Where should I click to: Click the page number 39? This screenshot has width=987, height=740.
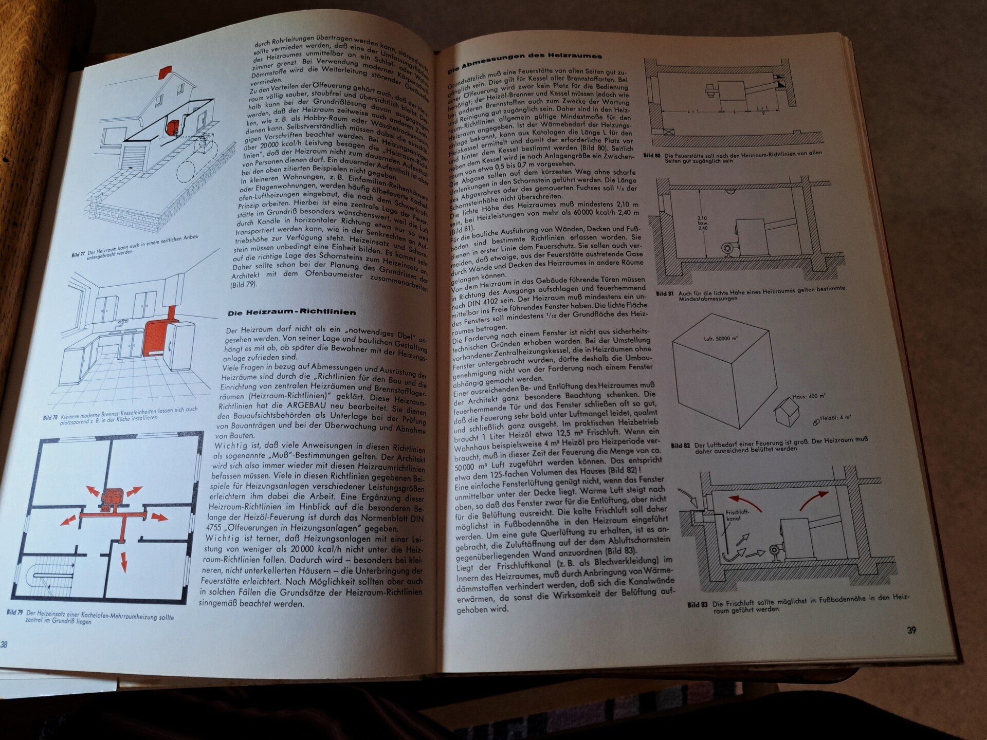(x=911, y=630)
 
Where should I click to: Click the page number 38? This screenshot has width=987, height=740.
(x=4, y=644)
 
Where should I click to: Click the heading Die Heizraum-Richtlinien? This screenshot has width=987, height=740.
(x=291, y=312)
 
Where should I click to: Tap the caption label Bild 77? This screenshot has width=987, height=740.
(x=79, y=254)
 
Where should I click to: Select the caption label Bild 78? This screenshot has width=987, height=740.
(x=50, y=417)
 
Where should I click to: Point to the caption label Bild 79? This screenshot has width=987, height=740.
(x=15, y=613)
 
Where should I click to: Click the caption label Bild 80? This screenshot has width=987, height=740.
(x=651, y=155)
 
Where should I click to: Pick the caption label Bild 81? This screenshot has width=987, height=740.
(x=665, y=294)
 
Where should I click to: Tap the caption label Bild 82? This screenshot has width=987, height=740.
(x=680, y=446)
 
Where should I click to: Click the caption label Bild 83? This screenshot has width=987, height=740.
(x=697, y=605)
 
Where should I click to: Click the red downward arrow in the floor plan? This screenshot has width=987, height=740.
(x=123, y=561)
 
